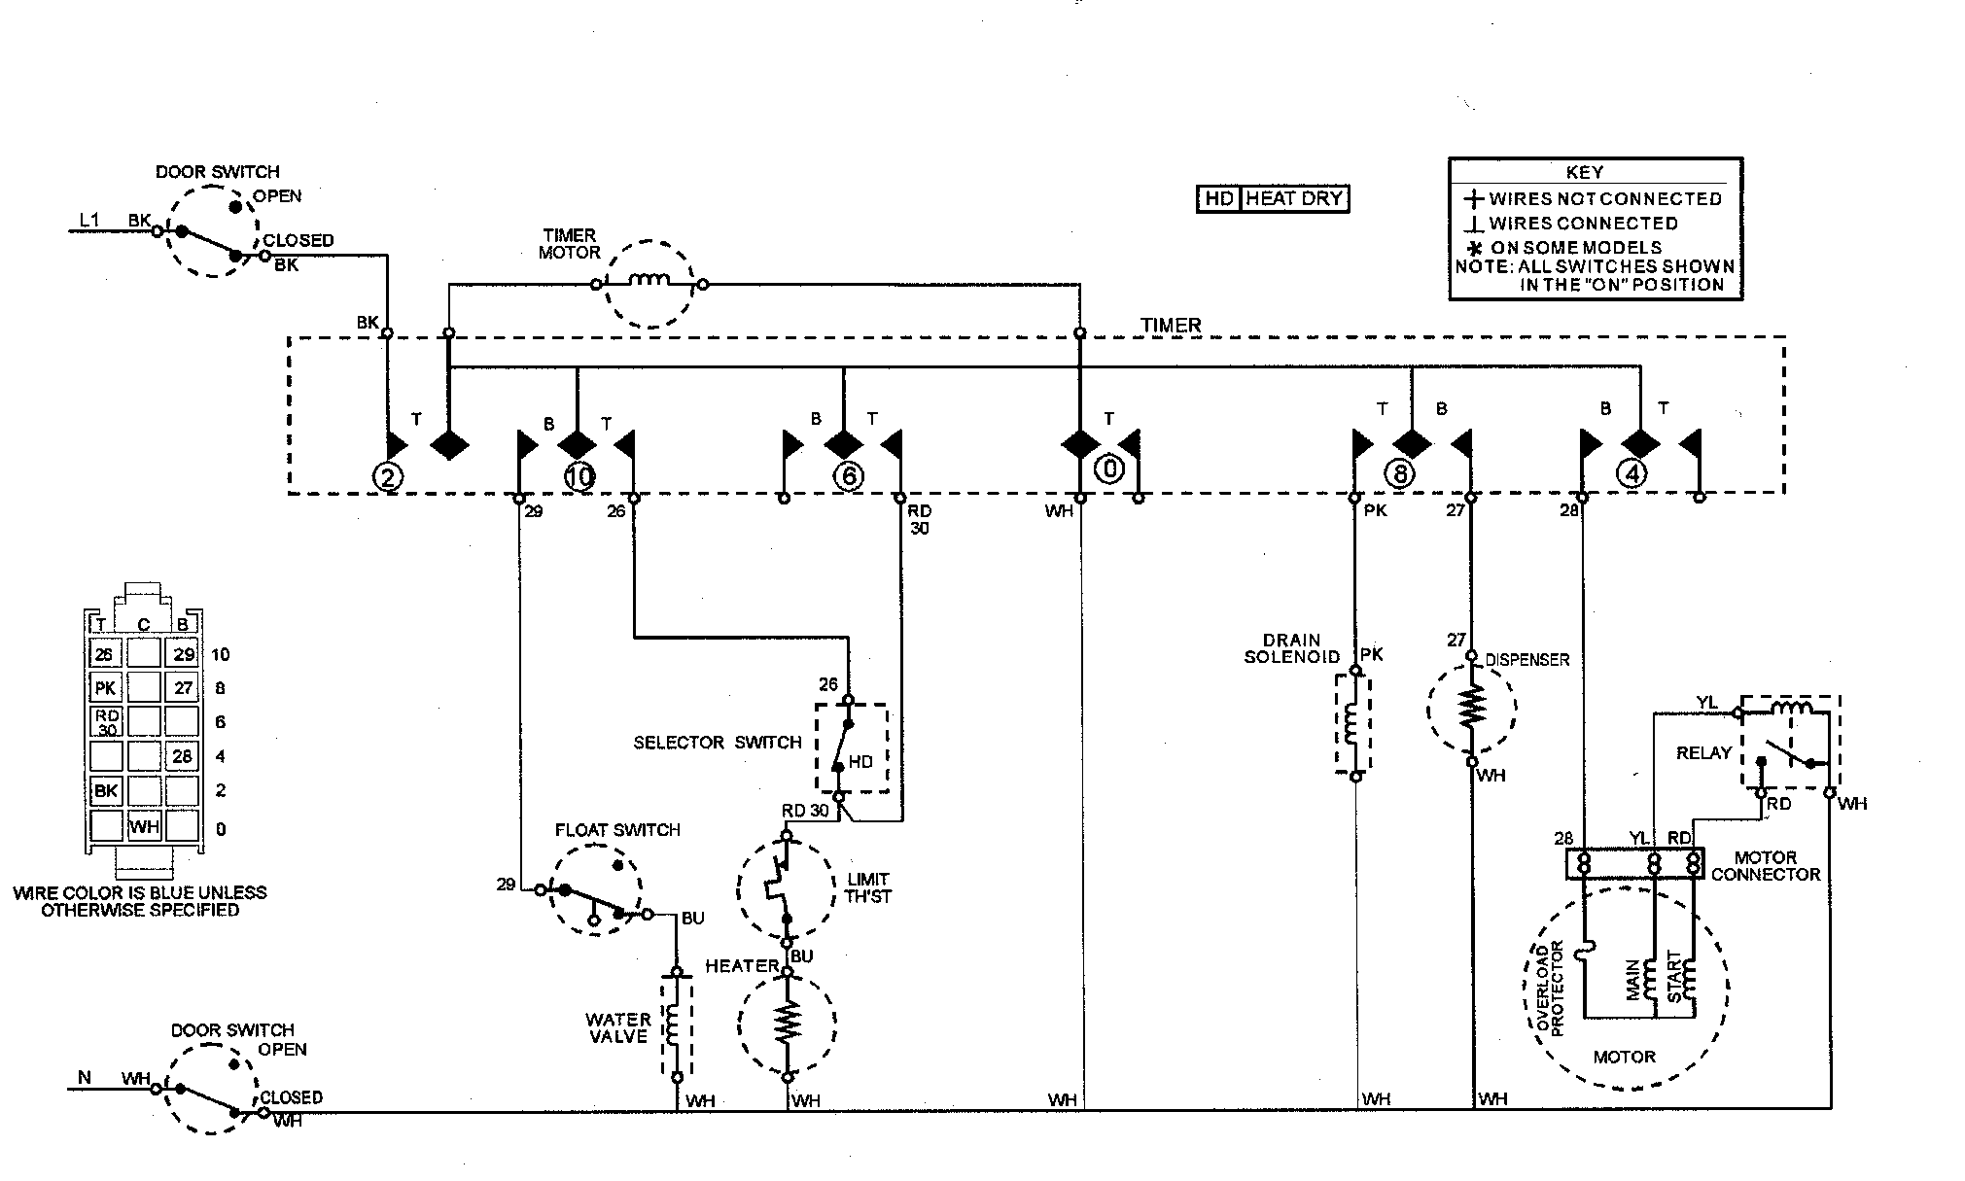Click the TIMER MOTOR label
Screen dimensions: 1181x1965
[569, 244]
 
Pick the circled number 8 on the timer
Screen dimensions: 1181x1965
[1399, 474]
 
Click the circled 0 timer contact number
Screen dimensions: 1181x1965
[1108, 469]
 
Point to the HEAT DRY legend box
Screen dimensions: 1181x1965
[1273, 199]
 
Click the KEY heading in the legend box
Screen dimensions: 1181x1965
[1584, 172]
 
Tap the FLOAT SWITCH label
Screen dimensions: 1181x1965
[617, 830]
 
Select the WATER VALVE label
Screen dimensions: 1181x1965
[618, 1027]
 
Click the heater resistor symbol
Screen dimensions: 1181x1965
[787, 1023]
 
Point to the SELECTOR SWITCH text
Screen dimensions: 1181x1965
[717, 743]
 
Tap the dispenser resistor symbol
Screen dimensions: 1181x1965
[1472, 707]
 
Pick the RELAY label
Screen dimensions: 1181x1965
[1703, 753]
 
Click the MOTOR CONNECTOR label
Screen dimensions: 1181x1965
[1766, 866]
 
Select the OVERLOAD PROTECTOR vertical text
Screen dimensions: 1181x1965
[1550, 989]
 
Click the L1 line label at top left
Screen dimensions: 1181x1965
[88, 221]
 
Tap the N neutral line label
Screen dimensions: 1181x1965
[85, 1077]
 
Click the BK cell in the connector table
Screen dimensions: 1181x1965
[105, 791]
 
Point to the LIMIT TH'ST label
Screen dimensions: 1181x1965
[867, 887]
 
